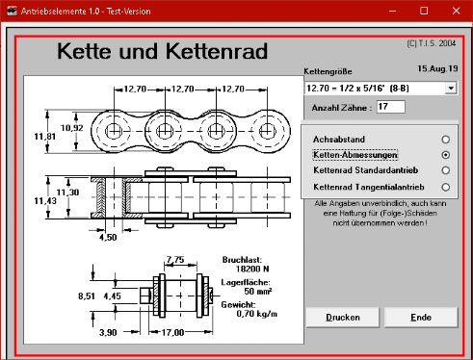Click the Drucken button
(343, 318)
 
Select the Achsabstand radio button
(445, 140)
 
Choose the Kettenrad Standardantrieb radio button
(445, 170)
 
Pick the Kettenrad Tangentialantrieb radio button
(445, 187)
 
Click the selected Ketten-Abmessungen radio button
(445, 155)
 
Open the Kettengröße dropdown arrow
(451, 89)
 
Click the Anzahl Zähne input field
(390, 107)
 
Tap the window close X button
(456, 11)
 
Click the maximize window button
(424, 11)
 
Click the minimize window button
(392, 12)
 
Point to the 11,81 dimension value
(45, 137)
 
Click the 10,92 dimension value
(72, 128)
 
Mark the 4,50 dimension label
(108, 238)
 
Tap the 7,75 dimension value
(175, 259)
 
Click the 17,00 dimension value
(172, 333)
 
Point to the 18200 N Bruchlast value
(252, 269)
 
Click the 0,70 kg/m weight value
(257, 314)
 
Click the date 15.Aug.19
(437, 68)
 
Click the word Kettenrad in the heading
(217, 51)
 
